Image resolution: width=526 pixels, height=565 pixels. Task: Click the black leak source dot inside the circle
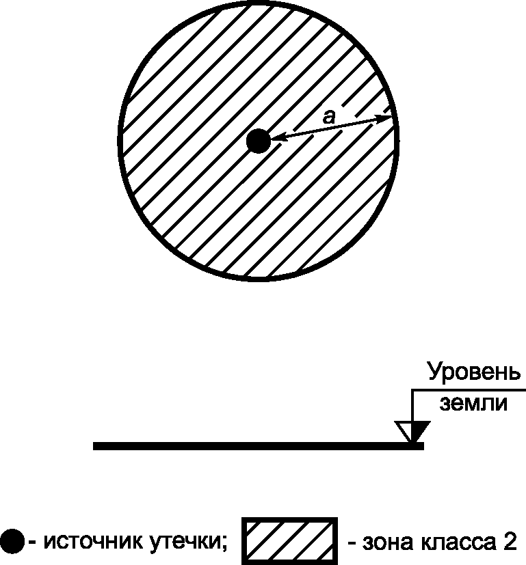coord(258,141)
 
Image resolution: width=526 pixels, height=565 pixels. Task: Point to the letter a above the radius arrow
coord(329,118)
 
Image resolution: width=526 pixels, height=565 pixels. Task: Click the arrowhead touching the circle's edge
coord(388,120)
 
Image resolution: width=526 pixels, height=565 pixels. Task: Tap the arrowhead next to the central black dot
coord(276,139)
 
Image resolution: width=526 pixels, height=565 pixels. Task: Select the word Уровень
coord(473,373)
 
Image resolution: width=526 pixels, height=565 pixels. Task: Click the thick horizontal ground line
coord(258,446)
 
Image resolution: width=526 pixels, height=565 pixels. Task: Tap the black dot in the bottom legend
coord(13,542)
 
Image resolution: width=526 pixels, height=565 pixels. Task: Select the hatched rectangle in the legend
coord(290,541)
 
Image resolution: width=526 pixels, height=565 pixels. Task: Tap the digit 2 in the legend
coord(510,541)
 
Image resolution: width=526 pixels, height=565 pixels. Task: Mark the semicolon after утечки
coord(224,544)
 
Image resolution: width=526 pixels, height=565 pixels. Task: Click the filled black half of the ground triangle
coord(419,430)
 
